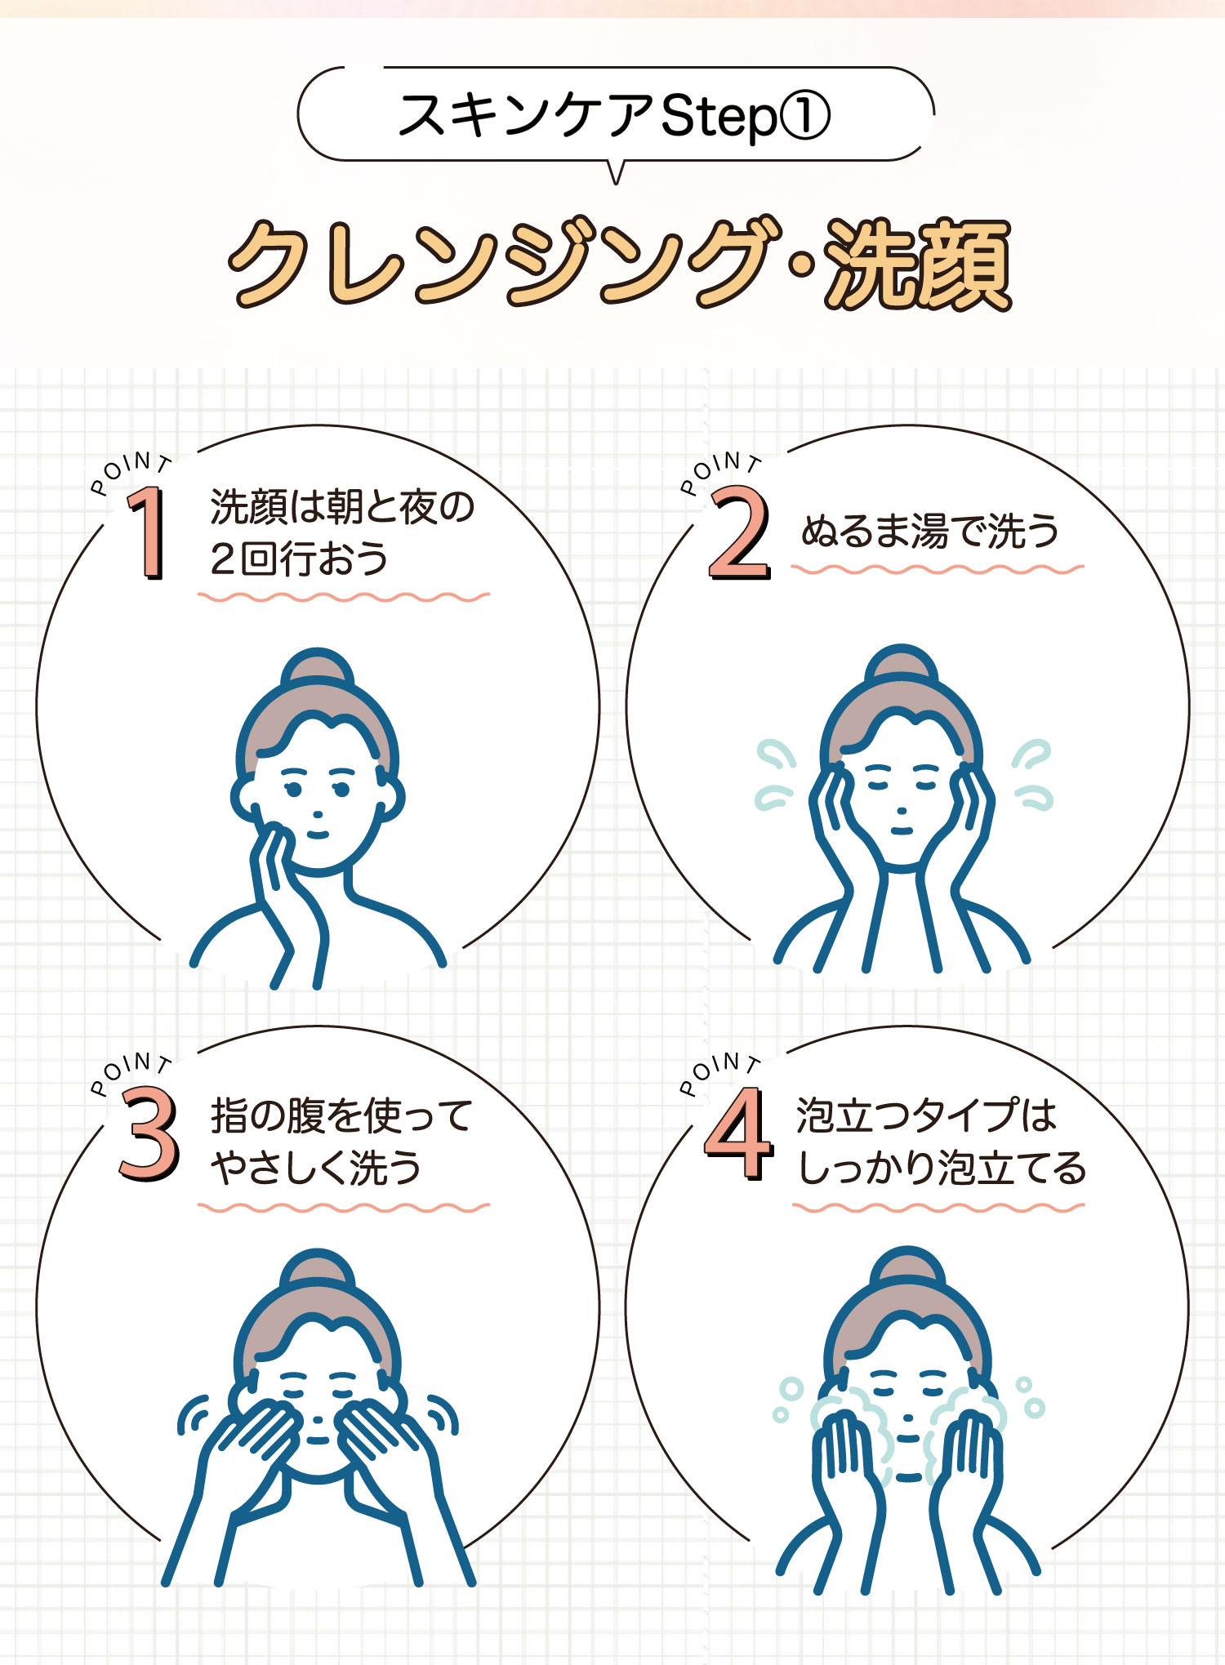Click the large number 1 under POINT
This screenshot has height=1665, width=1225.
pyautogui.click(x=148, y=532)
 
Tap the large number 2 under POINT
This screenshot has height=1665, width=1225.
pyautogui.click(x=738, y=532)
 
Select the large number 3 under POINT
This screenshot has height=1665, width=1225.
pyautogui.click(x=148, y=1134)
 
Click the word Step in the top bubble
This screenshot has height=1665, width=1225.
pyautogui.click(x=718, y=116)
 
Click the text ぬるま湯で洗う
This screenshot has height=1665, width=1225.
pyautogui.click(x=929, y=532)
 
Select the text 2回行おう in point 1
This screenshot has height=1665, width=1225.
pyautogui.click(x=299, y=559)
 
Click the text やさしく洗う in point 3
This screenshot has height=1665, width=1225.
pyautogui.click(x=316, y=1168)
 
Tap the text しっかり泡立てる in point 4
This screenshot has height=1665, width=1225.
pyautogui.click(x=941, y=1168)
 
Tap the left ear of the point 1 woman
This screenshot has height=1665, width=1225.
pyautogui.click(x=244, y=799)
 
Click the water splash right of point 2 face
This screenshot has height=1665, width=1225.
pyautogui.click(x=1032, y=774)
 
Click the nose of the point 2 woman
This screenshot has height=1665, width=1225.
pyautogui.click(x=901, y=811)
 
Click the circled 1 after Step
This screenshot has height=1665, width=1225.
pyautogui.click(x=804, y=116)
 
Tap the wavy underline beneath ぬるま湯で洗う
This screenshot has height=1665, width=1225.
pyautogui.click(x=937, y=569)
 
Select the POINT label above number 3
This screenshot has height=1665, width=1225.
pyautogui.click(x=131, y=1069)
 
